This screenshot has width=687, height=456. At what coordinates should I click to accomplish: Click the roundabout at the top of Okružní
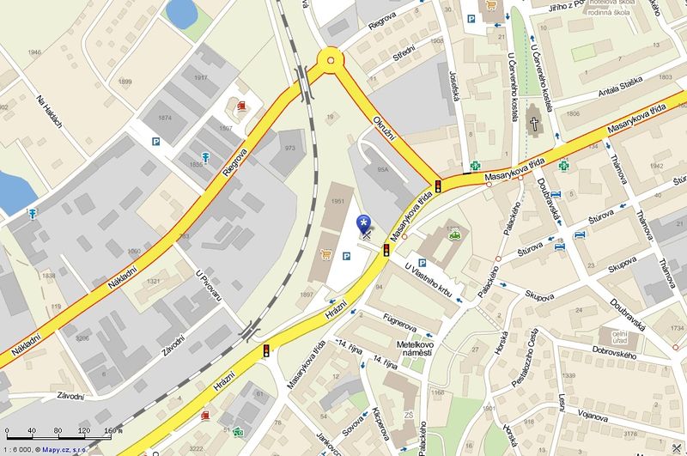(x=329, y=60)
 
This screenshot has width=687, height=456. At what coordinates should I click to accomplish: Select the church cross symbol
(x=533, y=124)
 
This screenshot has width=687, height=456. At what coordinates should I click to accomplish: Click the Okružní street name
(x=383, y=131)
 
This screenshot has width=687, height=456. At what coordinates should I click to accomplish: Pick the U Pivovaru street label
(x=209, y=285)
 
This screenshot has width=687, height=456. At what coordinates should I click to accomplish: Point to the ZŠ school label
(x=410, y=416)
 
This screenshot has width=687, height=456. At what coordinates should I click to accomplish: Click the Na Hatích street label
(x=50, y=112)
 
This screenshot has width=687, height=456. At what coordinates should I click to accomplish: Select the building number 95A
(x=383, y=169)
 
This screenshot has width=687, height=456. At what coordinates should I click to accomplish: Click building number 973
(x=289, y=149)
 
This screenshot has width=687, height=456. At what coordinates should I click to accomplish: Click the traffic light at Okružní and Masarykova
(x=437, y=185)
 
